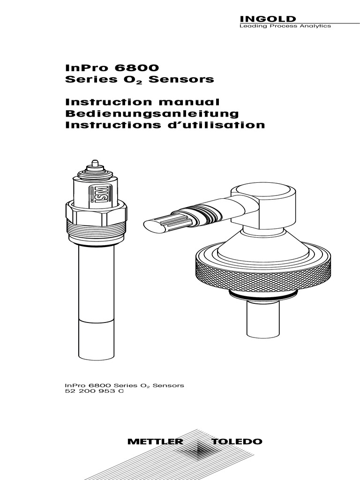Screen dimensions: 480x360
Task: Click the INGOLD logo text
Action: pyautogui.click(x=268, y=19)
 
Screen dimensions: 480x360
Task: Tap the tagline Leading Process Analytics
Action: pyautogui.click(x=285, y=26)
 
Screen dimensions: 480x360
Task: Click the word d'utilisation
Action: pyautogui.click(x=217, y=125)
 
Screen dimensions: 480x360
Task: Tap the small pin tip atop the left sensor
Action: pyautogui.click(x=95, y=164)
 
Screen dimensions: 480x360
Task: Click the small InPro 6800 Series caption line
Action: pyautogui.click(x=124, y=385)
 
